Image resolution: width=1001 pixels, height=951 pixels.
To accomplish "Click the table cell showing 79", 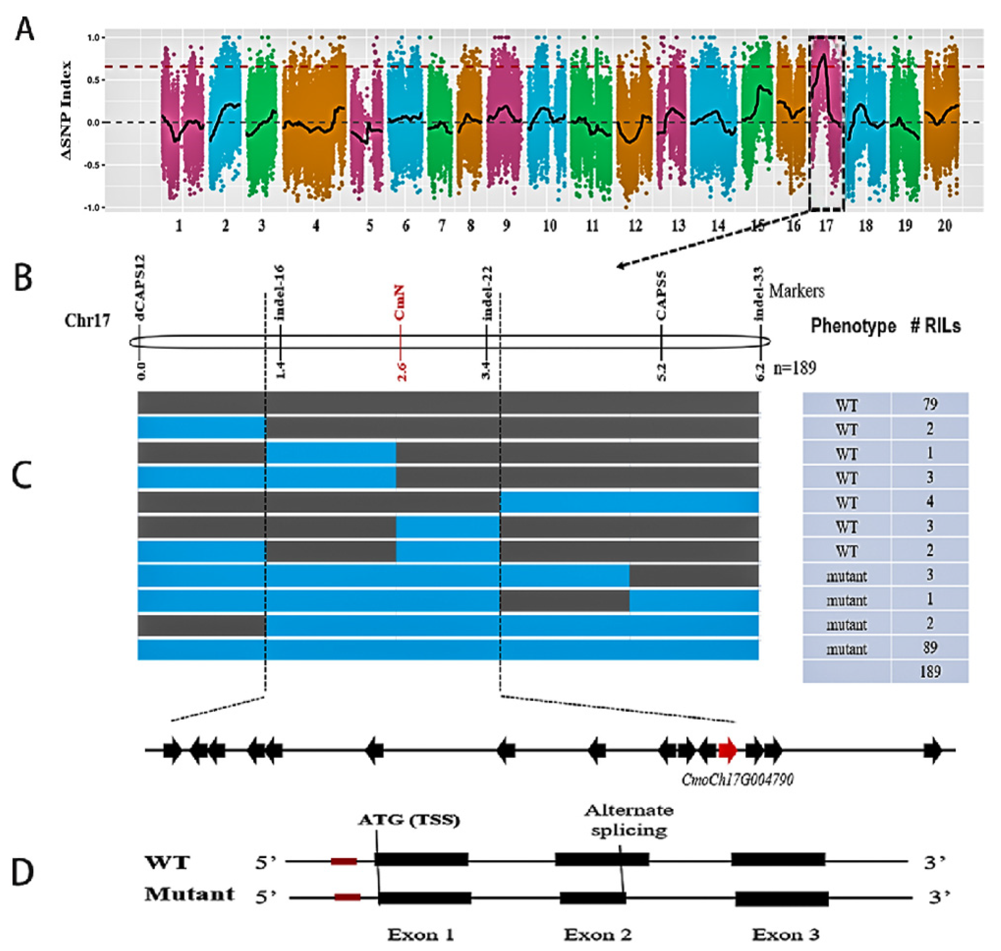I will point(930,404).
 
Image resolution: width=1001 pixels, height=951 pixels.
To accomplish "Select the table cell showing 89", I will point(930,647).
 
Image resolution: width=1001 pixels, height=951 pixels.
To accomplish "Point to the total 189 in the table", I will point(930,672).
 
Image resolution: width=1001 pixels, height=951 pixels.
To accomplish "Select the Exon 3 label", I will point(786,934).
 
